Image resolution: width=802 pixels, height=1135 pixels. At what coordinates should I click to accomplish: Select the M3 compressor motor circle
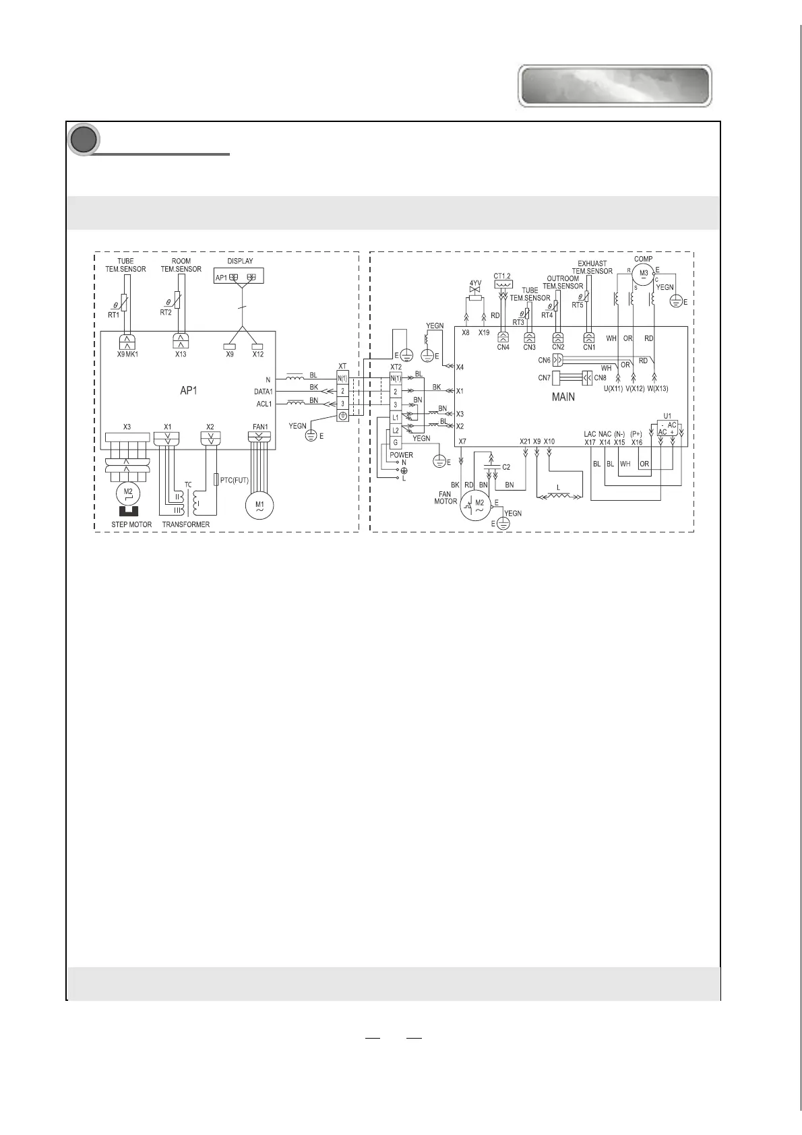click(643, 273)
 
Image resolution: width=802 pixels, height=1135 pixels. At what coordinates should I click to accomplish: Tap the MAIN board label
click(563, 397)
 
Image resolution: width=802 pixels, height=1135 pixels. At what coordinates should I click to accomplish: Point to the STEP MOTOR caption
click(131, 524)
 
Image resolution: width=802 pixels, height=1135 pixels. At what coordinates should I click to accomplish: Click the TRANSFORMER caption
click(186, 524)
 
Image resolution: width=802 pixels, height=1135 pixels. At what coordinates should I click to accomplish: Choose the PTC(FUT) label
click(235, 480)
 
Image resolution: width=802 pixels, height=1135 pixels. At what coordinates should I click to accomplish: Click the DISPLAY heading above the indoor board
click(240, 261)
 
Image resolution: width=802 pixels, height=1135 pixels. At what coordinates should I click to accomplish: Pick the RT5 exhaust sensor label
click(577, 305)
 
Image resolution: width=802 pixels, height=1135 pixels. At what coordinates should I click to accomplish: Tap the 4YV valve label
click(476, 283)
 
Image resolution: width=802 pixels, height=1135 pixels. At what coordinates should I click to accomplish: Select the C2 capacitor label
click(506, 467)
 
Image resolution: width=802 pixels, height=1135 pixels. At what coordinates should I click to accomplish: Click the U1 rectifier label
click(667, 416)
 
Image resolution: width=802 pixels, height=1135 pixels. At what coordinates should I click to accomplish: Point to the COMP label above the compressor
click(644, 259)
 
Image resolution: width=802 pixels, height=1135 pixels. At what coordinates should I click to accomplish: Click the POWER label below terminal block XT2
click(401, 455)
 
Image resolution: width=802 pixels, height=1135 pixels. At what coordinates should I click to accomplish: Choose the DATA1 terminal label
click(263, 392)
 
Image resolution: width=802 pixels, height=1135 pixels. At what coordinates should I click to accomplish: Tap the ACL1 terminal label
click(264, 404)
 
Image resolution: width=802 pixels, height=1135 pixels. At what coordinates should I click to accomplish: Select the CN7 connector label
click(544, 378)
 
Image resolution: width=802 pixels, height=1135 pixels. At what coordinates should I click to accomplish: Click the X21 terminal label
click(525, 441)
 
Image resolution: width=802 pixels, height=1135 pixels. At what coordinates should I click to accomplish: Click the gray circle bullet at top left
click(84, 140)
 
